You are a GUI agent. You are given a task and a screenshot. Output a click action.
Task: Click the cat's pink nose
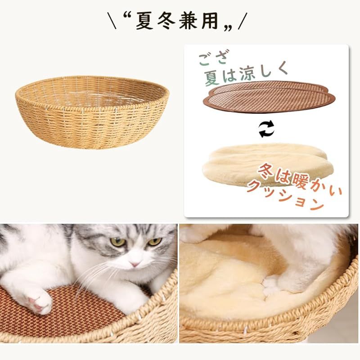[135, 263]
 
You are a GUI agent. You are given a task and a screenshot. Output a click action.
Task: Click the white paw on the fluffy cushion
[270, 286]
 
